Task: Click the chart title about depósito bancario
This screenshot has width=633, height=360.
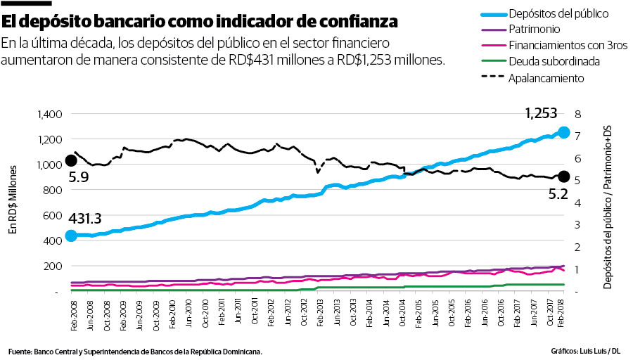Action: (199, 21)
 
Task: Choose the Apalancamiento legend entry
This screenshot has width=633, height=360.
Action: (546, 78)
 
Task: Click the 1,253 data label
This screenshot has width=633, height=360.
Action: (541, 113)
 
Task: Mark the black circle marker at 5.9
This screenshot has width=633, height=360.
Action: (71, 161)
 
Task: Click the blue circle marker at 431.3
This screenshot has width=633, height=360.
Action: (71, 236)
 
